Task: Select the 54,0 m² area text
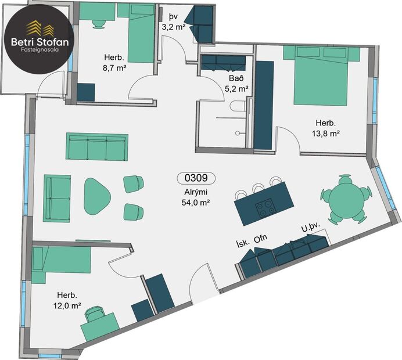[x=196, y=202]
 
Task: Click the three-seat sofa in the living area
[x=97, y=147]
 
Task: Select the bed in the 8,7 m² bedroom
[x=137, y=32]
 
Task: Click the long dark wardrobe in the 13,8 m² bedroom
[x=264, y=102]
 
